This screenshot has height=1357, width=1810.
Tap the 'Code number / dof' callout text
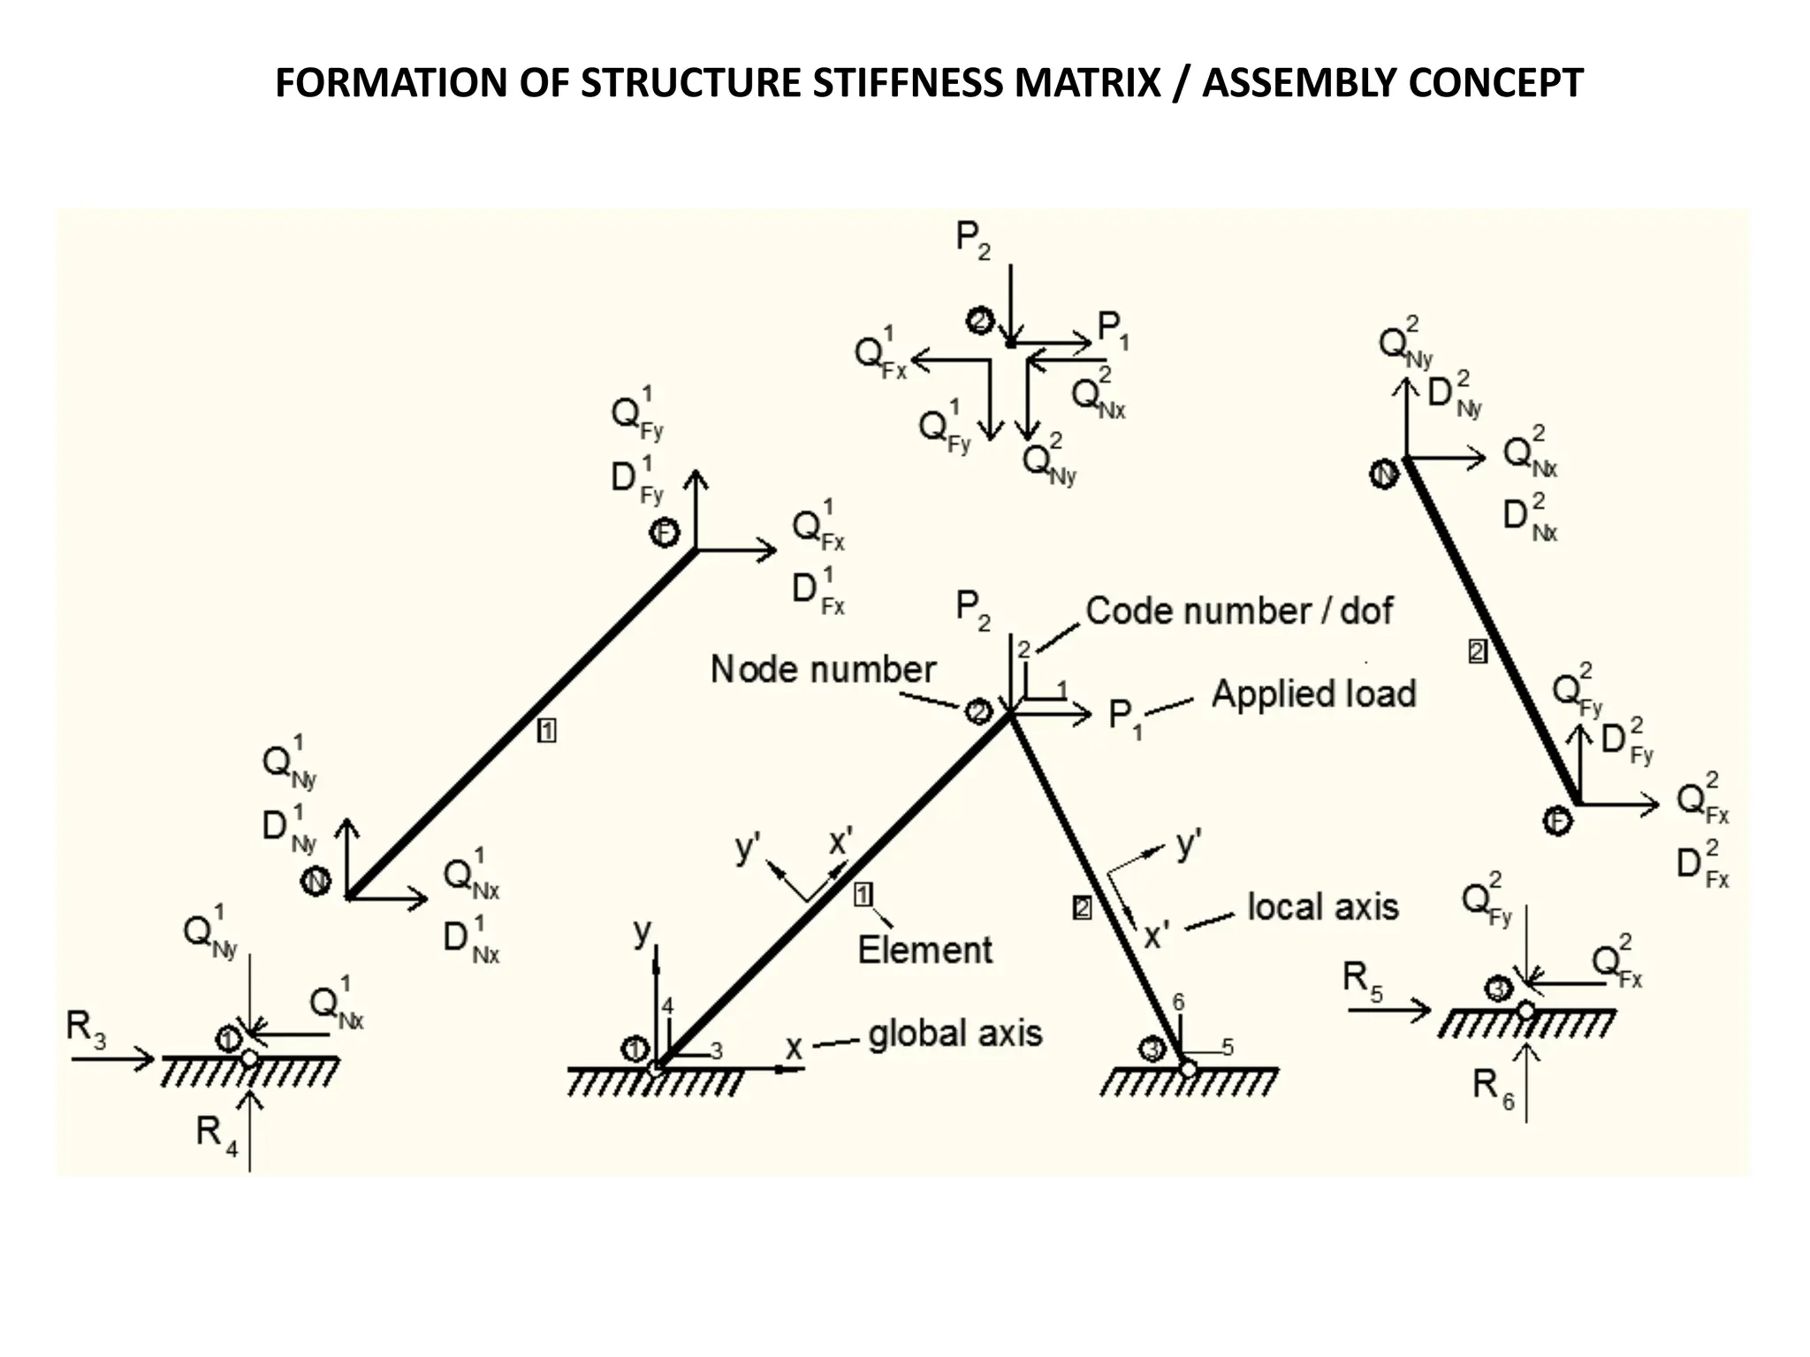click(1238, 610)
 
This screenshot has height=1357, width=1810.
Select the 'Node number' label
click(822, 669)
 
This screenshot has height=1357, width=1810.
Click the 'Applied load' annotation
click(1313, 694)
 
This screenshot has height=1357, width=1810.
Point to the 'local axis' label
click(1322, 906)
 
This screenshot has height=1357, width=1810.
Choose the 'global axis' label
click(954, 1033)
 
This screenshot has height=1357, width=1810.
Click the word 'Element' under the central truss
click(924, 950)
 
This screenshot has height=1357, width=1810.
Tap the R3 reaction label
click(86, 1027)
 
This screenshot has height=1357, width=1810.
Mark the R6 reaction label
click(1493, 1086)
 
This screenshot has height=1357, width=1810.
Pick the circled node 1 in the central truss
click(635, 1049)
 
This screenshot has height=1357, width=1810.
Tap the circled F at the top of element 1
click(664, 533)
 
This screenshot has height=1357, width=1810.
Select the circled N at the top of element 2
click(1384, 474)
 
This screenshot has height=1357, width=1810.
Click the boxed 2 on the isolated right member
click(1477, 652)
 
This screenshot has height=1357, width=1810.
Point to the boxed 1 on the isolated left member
click(546, 731)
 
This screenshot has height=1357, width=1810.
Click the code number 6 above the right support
click(1177, 1002)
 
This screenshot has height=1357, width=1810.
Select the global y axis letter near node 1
click(643, 931)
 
